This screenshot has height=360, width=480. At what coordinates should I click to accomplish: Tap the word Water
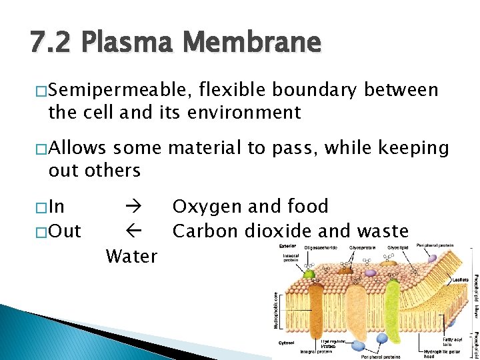pos(132,256)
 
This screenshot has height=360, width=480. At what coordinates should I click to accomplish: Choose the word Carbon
pos(203,231)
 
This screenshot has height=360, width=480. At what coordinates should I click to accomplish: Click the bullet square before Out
pos(42,231)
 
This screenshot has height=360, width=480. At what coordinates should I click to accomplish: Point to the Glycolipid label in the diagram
pos(399,247)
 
